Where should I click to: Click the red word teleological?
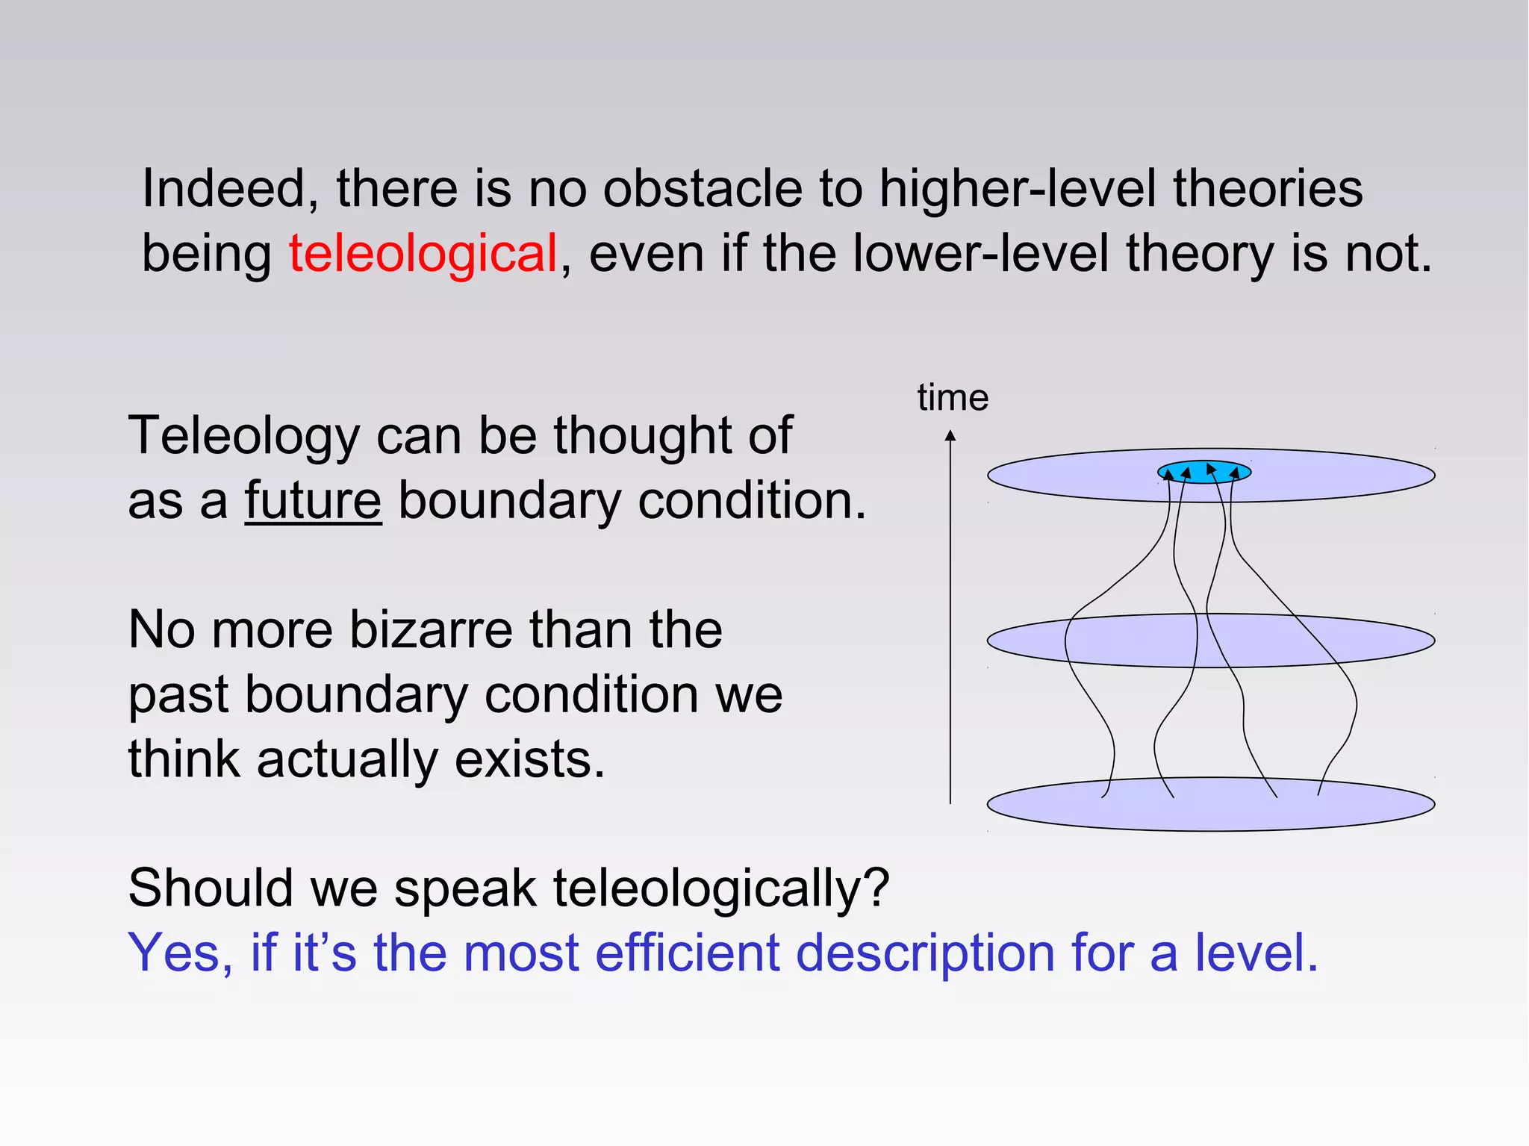coord(423,254)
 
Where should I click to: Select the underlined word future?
coord(313,500)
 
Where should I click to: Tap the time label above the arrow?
coord(953,398)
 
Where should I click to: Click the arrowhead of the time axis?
coord(950,436)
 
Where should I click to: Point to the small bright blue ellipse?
coord(1203,472)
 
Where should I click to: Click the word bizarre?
coord(431,630)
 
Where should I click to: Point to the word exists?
coord(529,760)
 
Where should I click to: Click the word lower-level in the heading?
coord(980,254)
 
